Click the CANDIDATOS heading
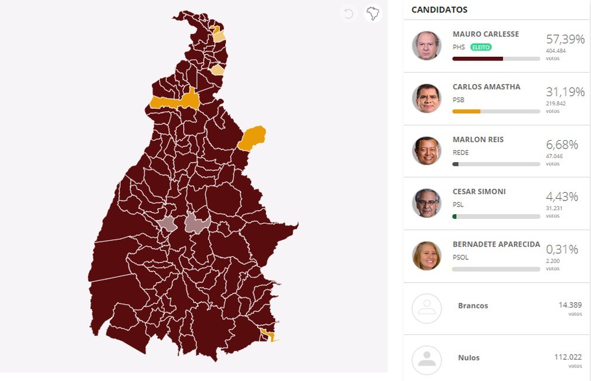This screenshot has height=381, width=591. click(439, 9)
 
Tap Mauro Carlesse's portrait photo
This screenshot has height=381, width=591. click(426, 46)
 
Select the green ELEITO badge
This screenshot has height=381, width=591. click(481, 47)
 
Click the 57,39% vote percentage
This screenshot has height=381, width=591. click(565, 40)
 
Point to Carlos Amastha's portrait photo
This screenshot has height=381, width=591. click(426, 98)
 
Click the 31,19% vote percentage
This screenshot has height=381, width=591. click(565, 92)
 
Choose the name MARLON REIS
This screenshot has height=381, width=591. click(478, 140)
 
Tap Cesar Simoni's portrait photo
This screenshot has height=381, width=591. click(426, 203)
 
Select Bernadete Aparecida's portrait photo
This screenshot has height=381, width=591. click(426, 256)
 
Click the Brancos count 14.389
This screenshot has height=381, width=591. click(570, 305)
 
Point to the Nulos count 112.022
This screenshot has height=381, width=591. click(568, 357)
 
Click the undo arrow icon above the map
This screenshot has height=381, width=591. click(349, 14)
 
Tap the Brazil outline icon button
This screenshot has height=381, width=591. click(373, 13)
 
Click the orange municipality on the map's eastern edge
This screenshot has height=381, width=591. click(252, 138)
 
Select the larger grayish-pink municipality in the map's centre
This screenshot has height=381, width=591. click(198, 223)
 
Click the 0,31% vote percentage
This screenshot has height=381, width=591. click(565, 250)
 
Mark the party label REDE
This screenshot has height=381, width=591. click(460, 153)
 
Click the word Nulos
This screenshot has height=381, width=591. click(469, 358)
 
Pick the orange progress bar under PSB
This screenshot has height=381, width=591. click(466, 111)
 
